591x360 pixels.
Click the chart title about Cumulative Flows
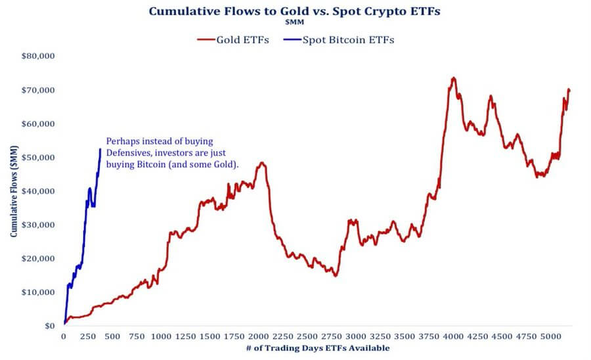(x=295, y=11)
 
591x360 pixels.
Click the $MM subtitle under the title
(x=295, y=22)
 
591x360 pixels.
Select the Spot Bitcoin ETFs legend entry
(x=342, y=39)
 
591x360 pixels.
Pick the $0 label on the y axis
(x=49, y=326)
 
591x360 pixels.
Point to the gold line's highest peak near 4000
(x=453, y=78)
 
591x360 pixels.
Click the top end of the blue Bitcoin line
(x=100, y=148)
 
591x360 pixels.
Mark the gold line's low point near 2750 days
(x=335, y=275)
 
